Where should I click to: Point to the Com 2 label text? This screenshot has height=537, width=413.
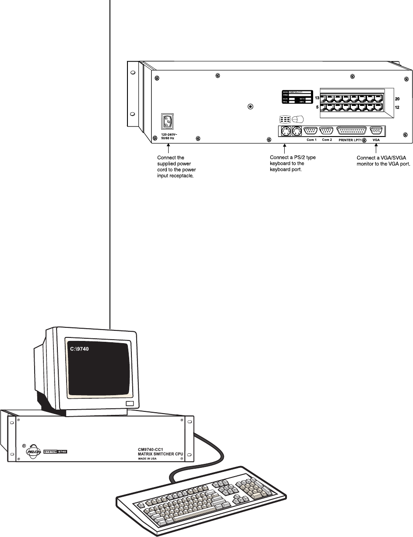point(327,140)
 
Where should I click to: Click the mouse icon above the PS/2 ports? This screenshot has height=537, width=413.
point(298,119)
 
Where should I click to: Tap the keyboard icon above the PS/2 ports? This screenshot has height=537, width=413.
point(285,119)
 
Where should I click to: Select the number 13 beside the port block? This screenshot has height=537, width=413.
point(317,98)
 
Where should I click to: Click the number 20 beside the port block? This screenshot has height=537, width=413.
point(397,98)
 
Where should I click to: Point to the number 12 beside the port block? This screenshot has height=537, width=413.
point(397,107)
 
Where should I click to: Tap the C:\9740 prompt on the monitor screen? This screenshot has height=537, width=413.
point(80,349)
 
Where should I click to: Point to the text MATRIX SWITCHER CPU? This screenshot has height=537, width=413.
point(160,453)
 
